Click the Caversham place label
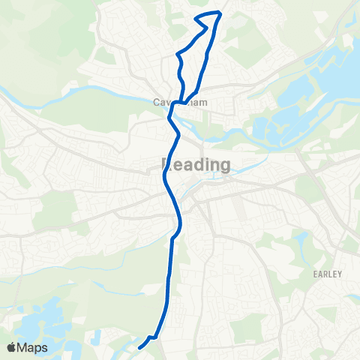(x=184, y=103)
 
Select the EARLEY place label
(x=328, y=274)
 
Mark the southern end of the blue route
(x=139, y=346)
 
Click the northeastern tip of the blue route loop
(x=219, y=13)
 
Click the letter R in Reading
(x=166, y=164)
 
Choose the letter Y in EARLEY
(x=340, y=274)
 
